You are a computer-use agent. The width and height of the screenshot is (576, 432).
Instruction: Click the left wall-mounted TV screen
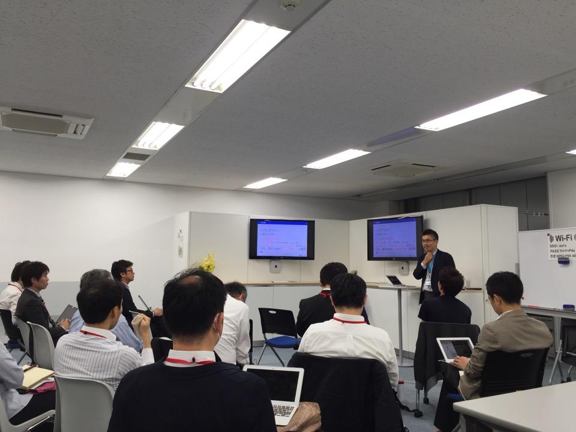(x=281, y=239)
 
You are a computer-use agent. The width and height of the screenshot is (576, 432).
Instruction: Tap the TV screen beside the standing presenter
(x=394, y=238)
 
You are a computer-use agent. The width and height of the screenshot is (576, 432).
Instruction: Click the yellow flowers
(x=208, y=262)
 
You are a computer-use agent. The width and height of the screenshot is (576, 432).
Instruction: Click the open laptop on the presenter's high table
(x=394, y=280)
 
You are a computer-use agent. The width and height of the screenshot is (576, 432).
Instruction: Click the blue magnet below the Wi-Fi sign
(x=563, y=260)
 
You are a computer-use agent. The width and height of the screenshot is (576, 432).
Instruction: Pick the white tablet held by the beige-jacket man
(x=455, y=349)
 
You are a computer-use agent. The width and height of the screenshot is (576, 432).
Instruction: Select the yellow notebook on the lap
(x=36, y=377)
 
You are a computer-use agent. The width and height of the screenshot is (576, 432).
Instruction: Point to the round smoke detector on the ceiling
(x=290, y=5)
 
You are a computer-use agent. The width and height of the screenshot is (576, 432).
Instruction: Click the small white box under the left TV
(x=275, y=266)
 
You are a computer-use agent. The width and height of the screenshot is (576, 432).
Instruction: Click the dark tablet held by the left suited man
(x=67, y=314)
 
